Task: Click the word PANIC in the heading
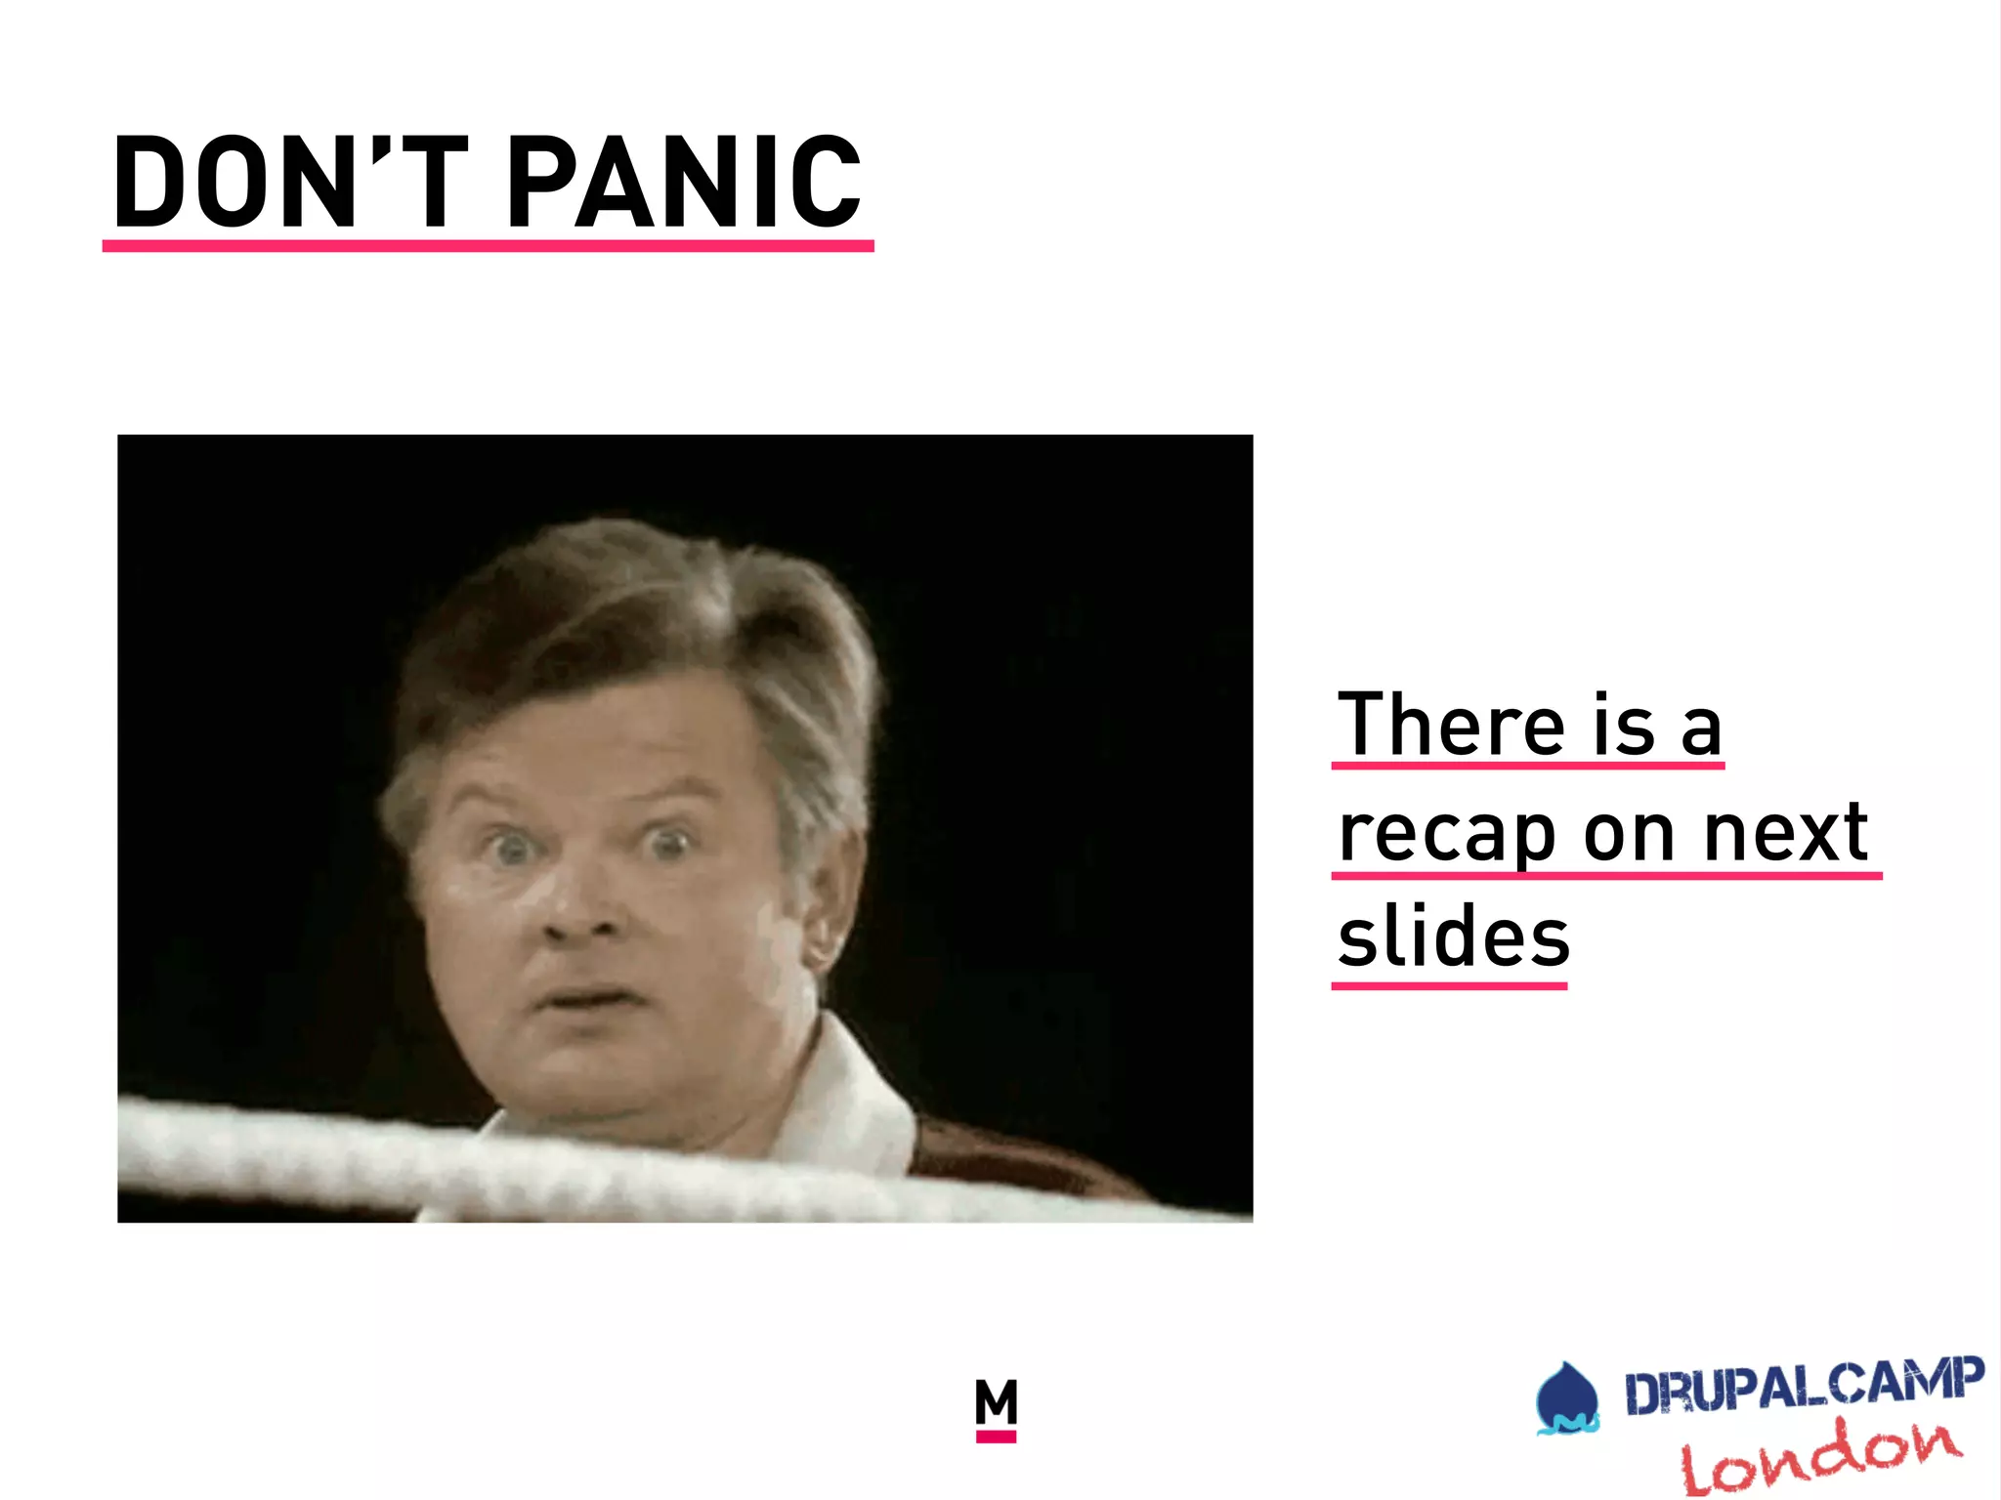point(684,183)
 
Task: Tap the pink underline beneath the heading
point(488,246)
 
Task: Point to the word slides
point(1453,937)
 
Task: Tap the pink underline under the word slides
point(1449,986)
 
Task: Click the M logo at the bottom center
point(996,1402)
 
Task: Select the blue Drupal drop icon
point(1566,1399)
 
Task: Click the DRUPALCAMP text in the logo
point(1804,1385)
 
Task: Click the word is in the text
point(1624,725)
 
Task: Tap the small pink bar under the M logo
point(996,1437)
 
